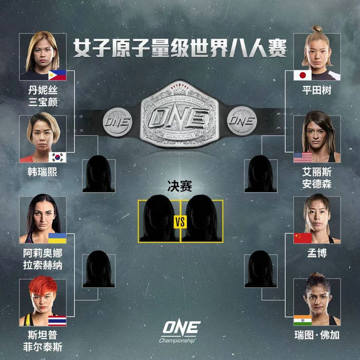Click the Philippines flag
57,75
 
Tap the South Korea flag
57,157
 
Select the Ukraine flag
57,238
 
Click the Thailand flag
57,321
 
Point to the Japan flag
303,75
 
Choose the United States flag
303,157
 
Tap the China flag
303,238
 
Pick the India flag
303,320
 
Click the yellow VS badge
180,222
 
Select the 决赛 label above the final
180,186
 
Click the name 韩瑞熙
42,172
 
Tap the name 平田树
317,90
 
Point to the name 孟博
317,253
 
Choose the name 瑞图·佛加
317,335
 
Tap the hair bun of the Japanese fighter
317,28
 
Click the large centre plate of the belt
179,115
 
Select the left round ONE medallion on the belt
117,122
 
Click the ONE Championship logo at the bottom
181,332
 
